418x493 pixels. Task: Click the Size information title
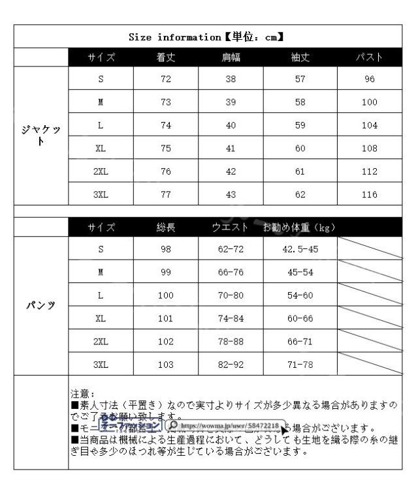click(210, 37)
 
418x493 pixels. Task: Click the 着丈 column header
click(165, 58)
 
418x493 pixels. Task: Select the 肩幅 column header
click(231, 58)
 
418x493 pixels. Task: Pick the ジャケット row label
click(41, 136)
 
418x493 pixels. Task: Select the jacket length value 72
click(165, 80)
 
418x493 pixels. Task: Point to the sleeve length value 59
click(300, 125)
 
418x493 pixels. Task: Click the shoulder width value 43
click(231, 194)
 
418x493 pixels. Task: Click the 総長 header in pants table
click(166, 227)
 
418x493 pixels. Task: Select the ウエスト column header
click(231, 227)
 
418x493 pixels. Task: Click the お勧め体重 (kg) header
click(300, 227)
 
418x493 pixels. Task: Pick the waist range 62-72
click(231, 249)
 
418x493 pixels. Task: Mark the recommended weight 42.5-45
click(300, 249)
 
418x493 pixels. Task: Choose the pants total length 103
click(166, 364)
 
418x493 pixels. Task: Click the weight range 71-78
click(300, 364)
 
